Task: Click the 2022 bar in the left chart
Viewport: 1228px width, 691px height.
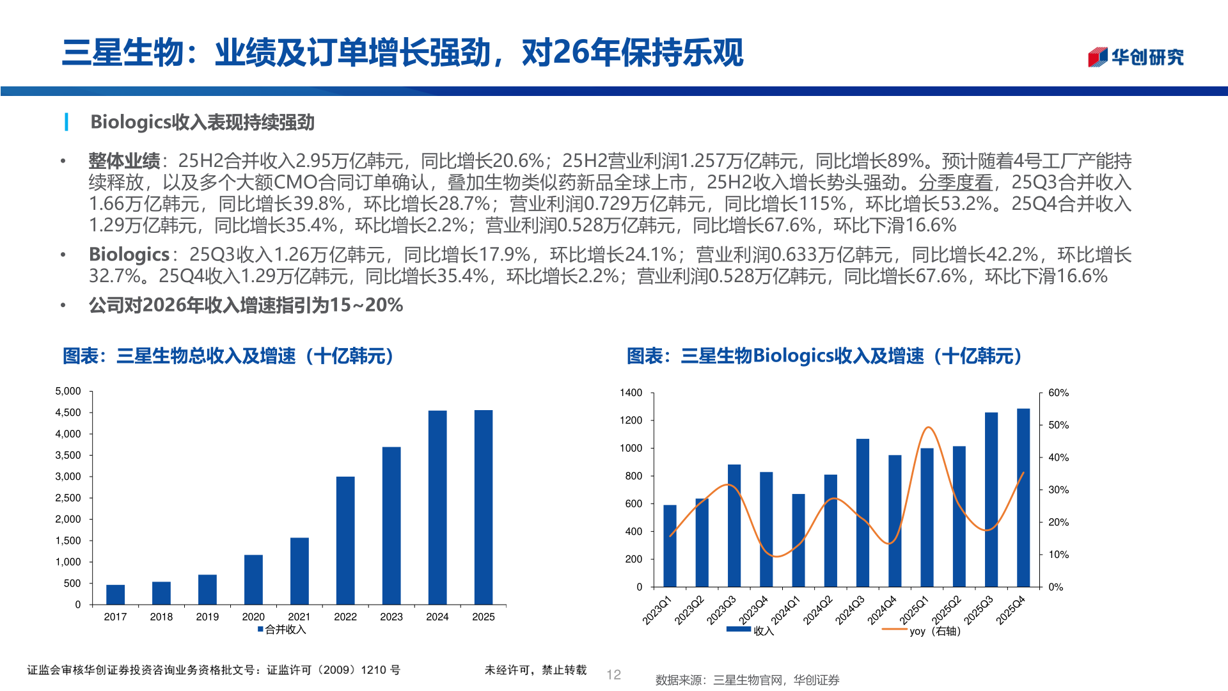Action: coord(345,541)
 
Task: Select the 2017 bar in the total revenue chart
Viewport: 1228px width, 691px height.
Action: coord(115,594)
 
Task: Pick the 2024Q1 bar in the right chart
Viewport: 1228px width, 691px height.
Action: coord(798,541)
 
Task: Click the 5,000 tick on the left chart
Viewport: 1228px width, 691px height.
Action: coord(68,391)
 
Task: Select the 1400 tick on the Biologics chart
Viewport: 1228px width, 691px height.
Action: coord(631,393)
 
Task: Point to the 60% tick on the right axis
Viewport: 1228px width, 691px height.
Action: coord(1059,393)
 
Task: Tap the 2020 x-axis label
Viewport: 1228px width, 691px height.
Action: coord(253,617)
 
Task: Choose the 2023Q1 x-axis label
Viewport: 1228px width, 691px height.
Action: coord(657,610)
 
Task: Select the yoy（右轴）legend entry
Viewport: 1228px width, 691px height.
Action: coord(934,631)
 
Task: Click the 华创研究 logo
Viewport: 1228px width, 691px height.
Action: coord(1136,57)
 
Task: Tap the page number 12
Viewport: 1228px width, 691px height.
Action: coord(614,674)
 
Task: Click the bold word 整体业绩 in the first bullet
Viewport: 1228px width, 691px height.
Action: coord(124,161)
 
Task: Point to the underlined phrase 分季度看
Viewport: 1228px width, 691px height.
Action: coord(956,182)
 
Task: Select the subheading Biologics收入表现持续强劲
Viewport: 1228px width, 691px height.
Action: coord(202,122)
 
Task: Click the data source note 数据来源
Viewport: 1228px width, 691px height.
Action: coord(747,680)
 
